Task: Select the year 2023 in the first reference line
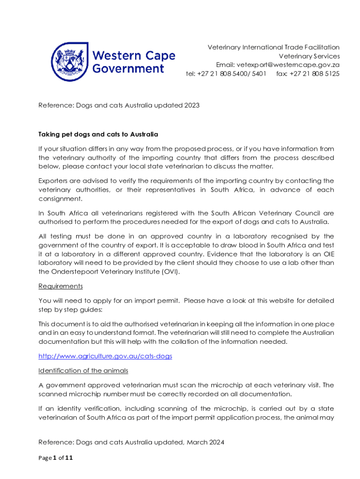click(x=191, y=105)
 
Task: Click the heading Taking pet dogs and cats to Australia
click(x=98, y=134)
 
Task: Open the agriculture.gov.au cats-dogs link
click(x=105, y=356)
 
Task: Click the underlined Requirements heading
click(x=60, y=286)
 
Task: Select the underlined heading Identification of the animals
click(x=83, y=370)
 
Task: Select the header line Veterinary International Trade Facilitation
click(x=274, y=47)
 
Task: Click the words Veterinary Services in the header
click(x=309, y=56)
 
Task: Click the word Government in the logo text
click(x=128, y=69)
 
